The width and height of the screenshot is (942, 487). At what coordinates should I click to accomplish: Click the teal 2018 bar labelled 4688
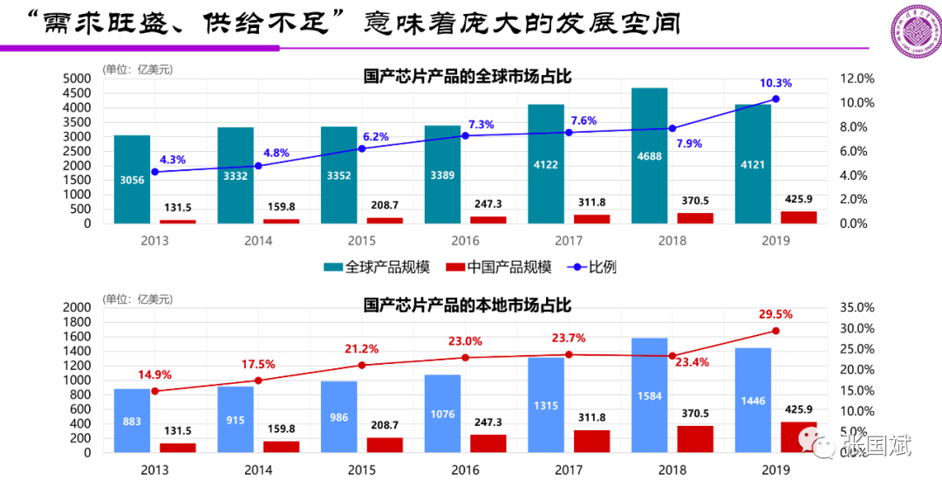click(649, 155)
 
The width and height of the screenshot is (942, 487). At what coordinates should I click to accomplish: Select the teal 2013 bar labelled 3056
click(132, 179)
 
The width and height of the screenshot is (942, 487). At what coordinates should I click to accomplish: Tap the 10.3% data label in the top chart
click(775, 84)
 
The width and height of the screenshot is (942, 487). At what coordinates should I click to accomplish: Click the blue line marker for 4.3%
click(155, 172)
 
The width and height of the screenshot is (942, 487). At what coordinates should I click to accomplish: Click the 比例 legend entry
click(593, 267)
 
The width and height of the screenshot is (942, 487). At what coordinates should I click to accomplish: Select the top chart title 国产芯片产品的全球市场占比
click(467, 77)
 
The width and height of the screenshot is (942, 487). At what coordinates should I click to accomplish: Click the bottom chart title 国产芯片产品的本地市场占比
click(467, 305)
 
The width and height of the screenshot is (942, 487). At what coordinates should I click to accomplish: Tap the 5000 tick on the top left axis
click(78, 79)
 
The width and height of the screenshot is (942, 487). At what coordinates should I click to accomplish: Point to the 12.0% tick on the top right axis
click(857, 79)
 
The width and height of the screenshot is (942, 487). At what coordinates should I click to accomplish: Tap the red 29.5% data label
click(775, 314)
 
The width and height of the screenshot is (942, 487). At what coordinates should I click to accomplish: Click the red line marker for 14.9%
click(155, 391)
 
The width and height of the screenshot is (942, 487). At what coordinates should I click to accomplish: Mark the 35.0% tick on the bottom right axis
click(857, 308)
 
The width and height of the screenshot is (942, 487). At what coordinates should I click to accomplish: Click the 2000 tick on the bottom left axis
click(78, 308)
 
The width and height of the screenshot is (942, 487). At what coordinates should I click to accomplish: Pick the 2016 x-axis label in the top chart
click(465, 240)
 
